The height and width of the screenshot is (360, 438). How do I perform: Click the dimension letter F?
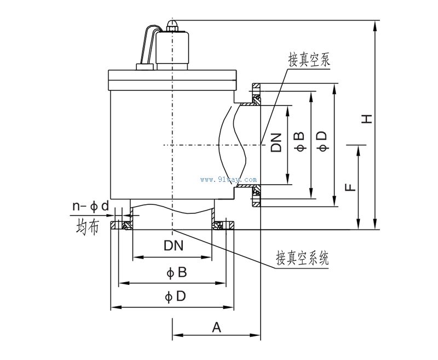[x=351, y=187]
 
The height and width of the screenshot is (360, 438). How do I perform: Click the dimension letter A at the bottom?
[x=216, y=328]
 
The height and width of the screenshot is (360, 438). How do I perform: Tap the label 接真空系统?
[x=302, y=258]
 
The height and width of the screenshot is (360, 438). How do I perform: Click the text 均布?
[x=87, y=227]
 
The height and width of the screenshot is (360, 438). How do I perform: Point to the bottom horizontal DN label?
[x=173, y=247]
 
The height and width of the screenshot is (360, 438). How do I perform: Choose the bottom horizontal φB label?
[x=174, y=272]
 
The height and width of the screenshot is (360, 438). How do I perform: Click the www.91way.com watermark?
[x=229, y=179]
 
